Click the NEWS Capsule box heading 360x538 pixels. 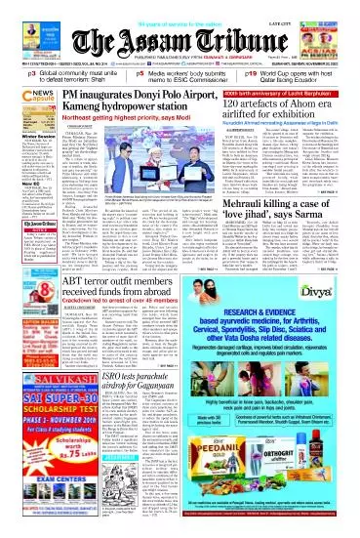(x=23, y=95)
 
